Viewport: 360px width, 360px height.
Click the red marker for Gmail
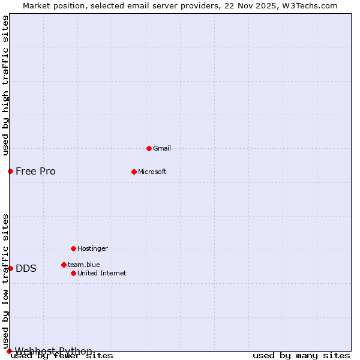(x=149, y=148)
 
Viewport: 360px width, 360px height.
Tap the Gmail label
(x=162, y=149)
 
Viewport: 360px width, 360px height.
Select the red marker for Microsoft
(x=134, y=172)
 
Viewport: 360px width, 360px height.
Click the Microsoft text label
(x=152, y=172)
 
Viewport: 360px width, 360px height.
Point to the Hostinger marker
(x=73, y=248)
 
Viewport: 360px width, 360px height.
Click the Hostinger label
(x=92, y=249)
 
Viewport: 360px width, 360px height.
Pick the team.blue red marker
(x=64, y=265)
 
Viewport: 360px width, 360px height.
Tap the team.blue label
(x=84, y=265)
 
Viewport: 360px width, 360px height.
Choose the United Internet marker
(x=73, y=273)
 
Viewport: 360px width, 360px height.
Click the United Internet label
(x=102, y=274)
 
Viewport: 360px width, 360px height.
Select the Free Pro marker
(x=10, y=171)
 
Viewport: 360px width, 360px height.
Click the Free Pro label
(x=35, y=172)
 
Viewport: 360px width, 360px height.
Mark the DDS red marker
(x=10, y=268)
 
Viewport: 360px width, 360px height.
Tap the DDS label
(x=26, y=269)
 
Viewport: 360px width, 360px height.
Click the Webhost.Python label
(x=53, y=351)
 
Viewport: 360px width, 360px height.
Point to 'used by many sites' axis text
(x=301, y=356)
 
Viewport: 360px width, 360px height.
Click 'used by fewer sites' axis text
(x=62, y=356)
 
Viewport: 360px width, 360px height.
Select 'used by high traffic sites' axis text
(x=6, y=85)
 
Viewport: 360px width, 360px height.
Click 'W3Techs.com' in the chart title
(x=311, y=6)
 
